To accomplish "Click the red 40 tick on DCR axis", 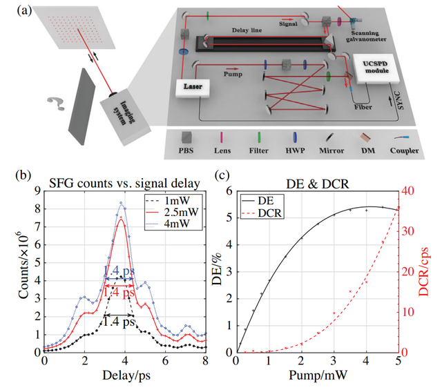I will click(408, 191).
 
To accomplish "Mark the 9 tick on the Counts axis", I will click(39, 190).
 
